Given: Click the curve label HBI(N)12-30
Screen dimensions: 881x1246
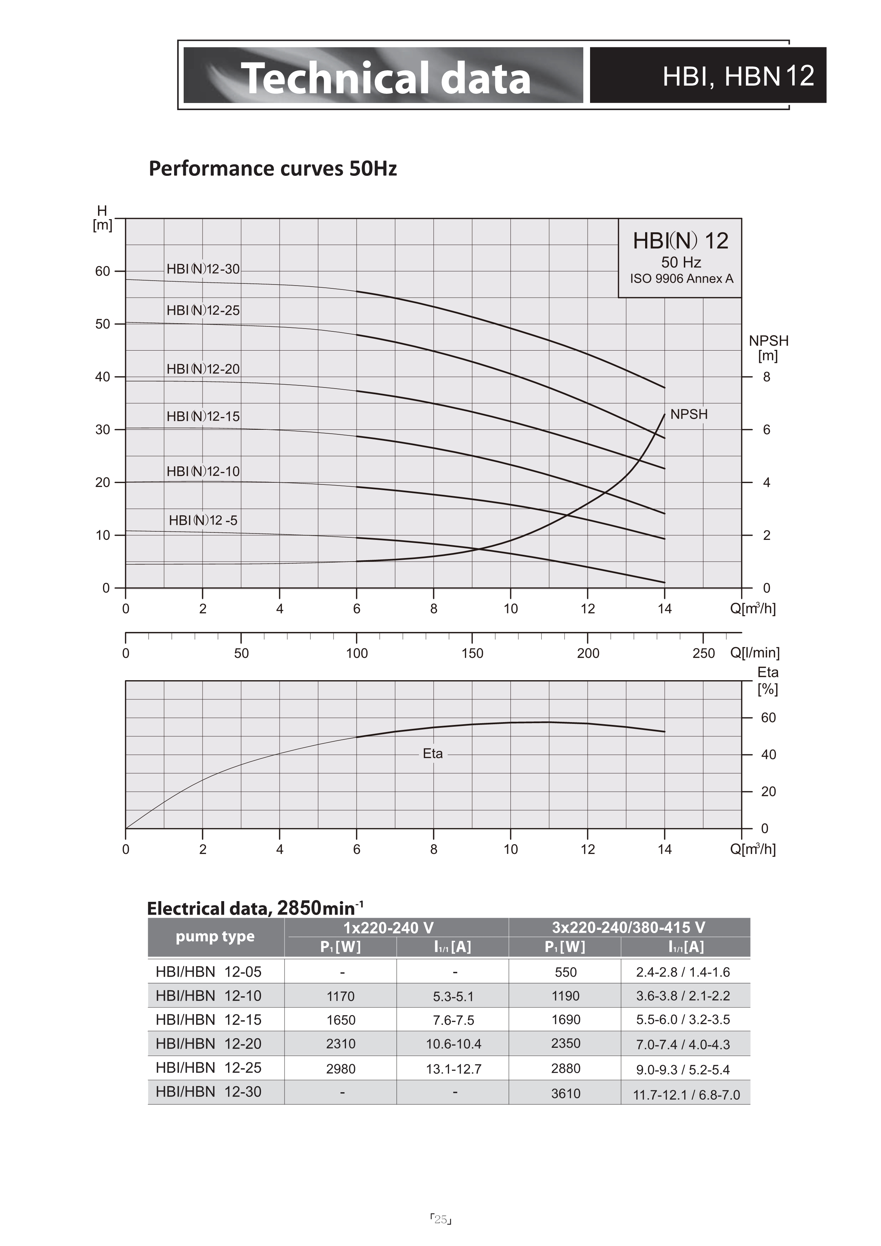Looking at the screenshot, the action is tap(203, 269).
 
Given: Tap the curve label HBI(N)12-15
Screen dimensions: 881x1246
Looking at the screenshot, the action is tap(203, 416).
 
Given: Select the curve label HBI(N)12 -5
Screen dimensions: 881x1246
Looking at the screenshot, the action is tap(203, 520).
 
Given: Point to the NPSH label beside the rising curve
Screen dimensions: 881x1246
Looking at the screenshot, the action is tap(689, 414).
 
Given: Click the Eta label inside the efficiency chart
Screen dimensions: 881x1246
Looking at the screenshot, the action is tap(433, 753).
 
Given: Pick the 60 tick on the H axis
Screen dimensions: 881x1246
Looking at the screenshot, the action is tap(103, 271).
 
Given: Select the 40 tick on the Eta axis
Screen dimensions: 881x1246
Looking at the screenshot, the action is tap(769, 754).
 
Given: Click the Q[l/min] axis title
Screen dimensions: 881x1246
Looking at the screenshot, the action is tap(755, 652).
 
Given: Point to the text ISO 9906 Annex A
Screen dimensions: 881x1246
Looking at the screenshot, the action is tap(681, 278).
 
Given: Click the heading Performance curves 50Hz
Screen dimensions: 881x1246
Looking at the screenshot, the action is tap(273, 168).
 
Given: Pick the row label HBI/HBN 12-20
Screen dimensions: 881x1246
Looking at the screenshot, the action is tap(209, 1044).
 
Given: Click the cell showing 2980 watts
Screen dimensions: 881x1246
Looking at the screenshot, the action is tap(341, 1068).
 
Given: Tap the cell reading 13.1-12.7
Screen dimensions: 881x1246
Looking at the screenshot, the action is tap(454, 1068).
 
